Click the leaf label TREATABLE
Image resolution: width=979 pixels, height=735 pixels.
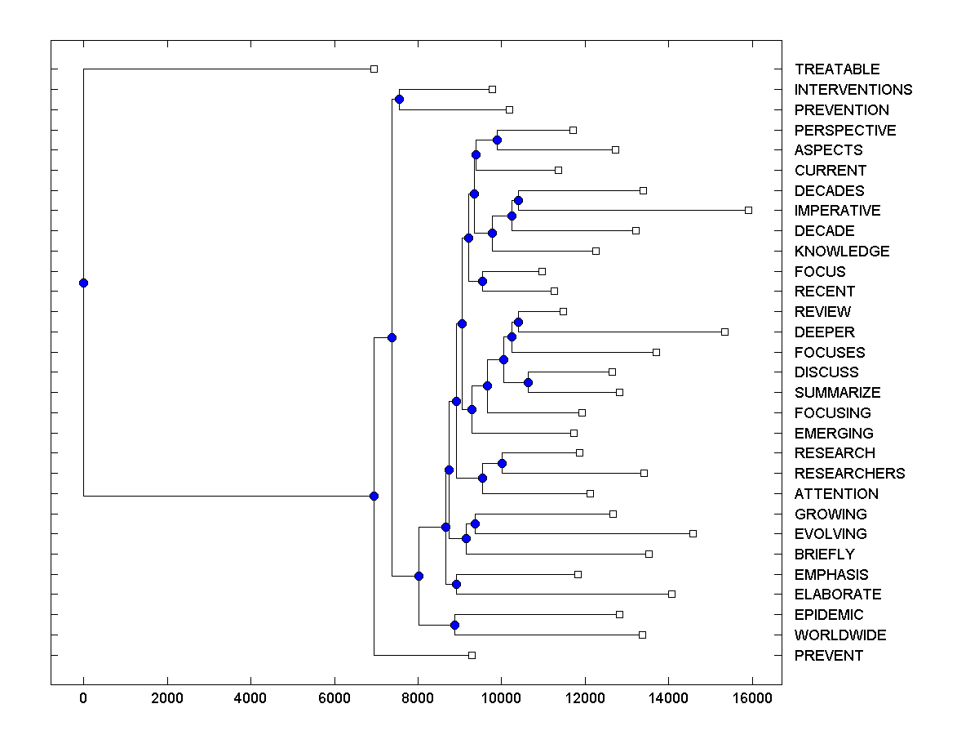pos(837,69)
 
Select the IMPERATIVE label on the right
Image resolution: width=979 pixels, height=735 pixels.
pos(837,211)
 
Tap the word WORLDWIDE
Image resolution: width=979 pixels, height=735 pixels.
pos(840,635)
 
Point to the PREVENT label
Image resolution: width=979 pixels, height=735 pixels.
pos(829,656)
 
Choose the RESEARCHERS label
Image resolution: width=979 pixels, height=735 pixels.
pos(849,474)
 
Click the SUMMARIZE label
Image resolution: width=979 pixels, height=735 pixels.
pos(838,393)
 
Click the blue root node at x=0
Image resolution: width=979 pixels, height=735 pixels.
pos(83,283)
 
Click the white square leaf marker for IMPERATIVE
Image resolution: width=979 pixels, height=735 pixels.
pos(748,210)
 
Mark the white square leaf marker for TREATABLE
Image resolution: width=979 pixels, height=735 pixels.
pos(374,69)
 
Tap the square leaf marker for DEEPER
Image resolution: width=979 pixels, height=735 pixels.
pos(724,332)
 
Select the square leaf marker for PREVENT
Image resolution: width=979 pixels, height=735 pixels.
pos(472,655)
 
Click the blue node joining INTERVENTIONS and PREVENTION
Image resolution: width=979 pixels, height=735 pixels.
pos(399,100)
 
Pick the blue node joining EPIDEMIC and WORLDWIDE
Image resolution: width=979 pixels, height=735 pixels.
pos(454,625)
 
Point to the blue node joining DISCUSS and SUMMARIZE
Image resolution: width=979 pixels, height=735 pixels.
pos(528,382)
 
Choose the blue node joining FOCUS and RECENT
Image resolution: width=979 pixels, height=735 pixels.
pos(482,281)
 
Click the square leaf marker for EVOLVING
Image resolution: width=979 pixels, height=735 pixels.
pos(693,533)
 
